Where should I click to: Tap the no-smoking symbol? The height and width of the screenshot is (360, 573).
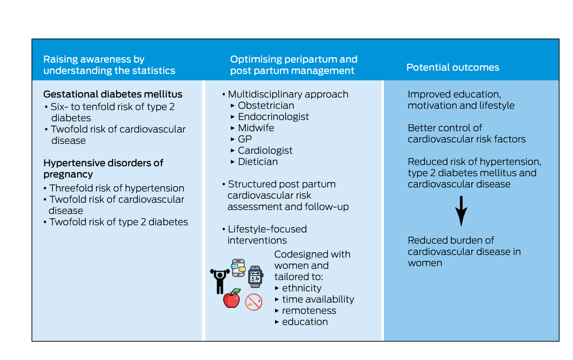click(x=254, y=302)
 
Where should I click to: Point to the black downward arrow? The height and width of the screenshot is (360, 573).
click(x=461, y=211)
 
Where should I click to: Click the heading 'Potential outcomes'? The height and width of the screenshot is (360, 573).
click(x=453, y=67)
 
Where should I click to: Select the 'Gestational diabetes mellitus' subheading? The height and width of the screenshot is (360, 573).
click(x=113, y=94)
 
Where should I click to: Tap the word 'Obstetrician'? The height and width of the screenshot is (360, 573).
click(x=266, y=106)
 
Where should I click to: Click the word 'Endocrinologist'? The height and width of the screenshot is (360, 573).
click(x=273, y=116)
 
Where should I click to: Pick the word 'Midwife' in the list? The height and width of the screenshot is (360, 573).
click(x=256, y=128)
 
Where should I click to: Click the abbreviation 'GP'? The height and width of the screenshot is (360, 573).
click(x=245, y=139)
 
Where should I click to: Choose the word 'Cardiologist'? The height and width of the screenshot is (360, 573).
click(x=265, y=150)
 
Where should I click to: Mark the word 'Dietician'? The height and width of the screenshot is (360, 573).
click(x=258, y=161)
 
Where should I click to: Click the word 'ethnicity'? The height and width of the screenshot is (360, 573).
click(x=301, y=288)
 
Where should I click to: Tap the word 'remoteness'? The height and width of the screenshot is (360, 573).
click(x=309, y=310)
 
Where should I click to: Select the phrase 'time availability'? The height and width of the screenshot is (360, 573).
click(x=318, y=299)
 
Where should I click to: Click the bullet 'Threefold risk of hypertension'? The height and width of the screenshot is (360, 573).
click(x=117, y=188)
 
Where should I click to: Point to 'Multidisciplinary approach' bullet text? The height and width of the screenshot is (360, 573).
click(x=288, y=94)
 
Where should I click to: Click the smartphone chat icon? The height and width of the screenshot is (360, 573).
click(x=238, y=268)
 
